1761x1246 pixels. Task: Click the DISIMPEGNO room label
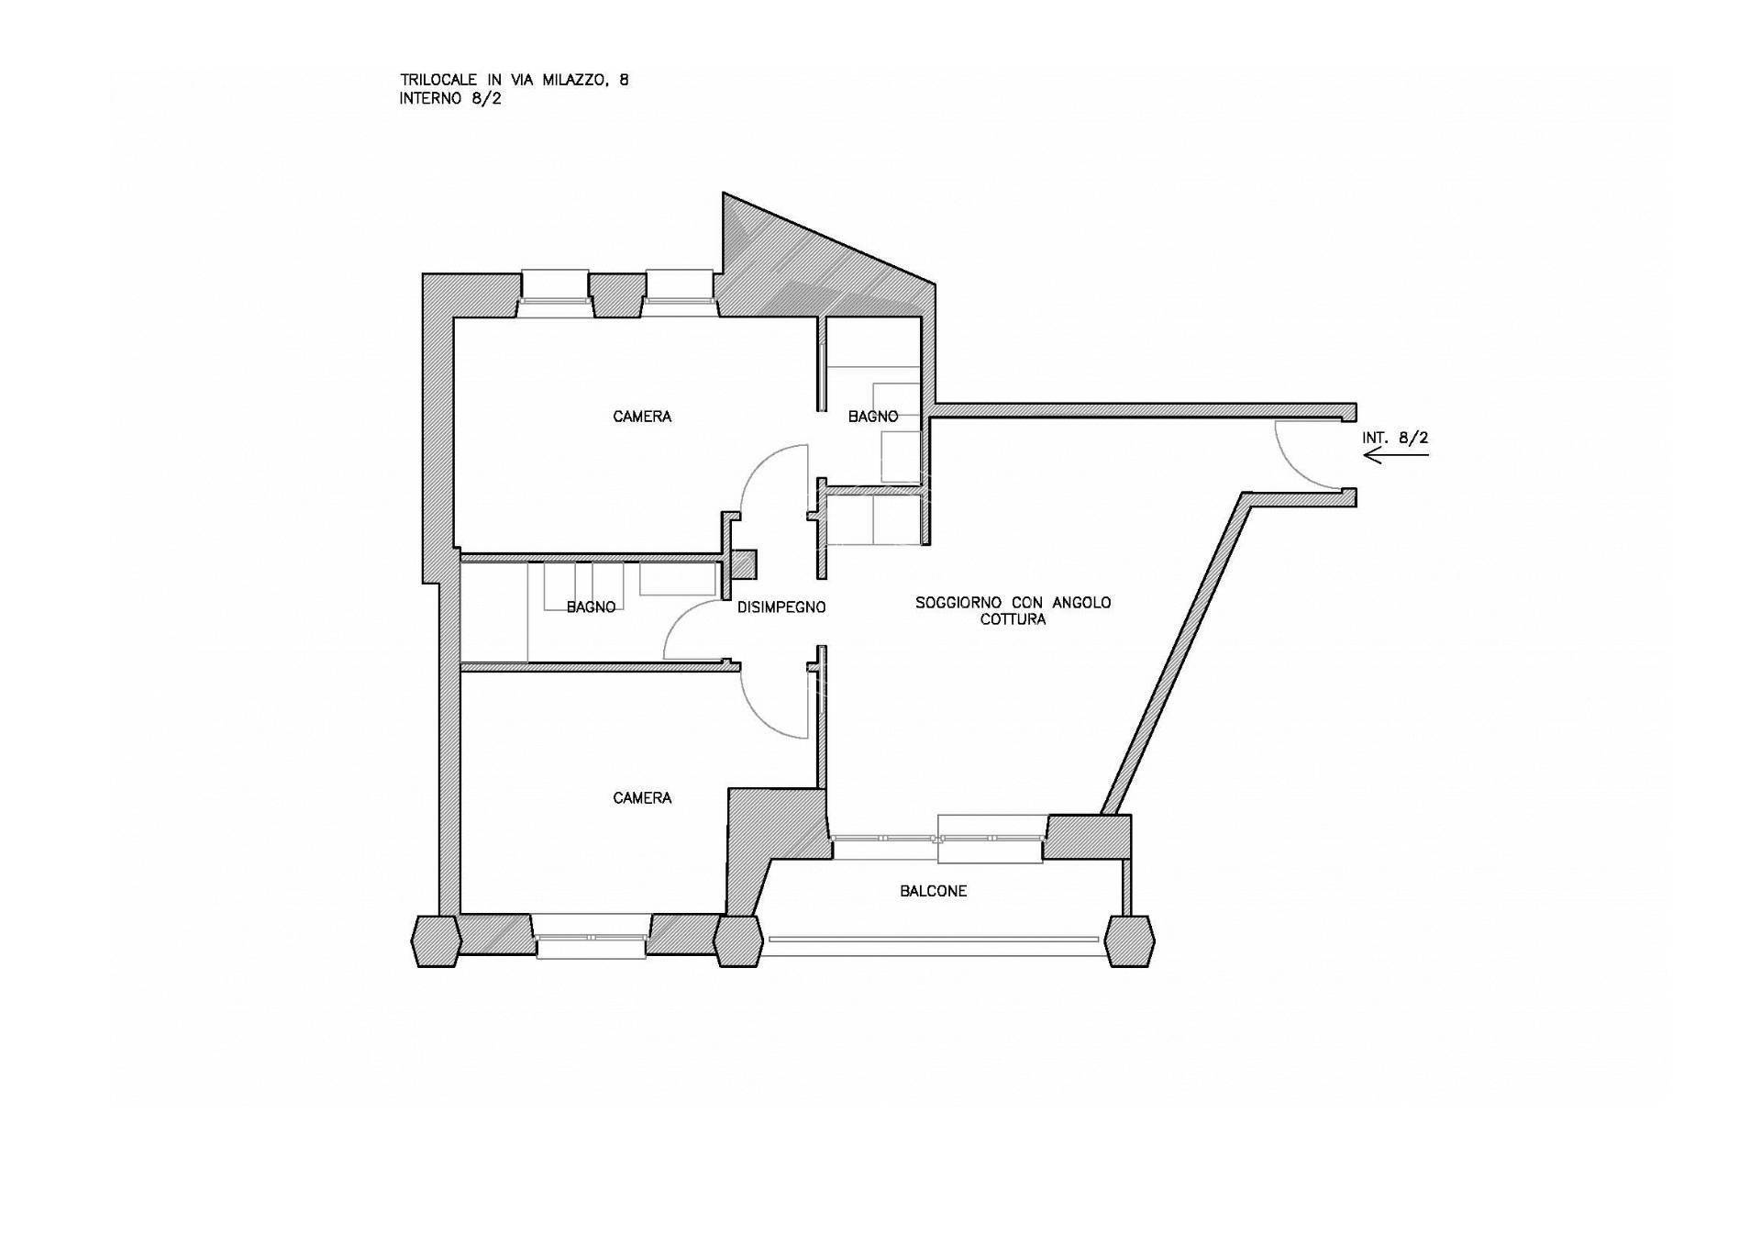781,607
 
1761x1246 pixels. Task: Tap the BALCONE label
933,891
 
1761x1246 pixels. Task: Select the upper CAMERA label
642,417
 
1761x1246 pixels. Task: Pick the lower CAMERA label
642,798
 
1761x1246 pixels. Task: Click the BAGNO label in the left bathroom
591,607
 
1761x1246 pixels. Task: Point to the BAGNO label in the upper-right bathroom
873,417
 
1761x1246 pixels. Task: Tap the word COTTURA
1013,619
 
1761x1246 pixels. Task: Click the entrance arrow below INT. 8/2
1396,455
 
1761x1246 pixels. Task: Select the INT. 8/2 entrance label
1395,438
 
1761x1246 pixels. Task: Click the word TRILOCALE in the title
439,81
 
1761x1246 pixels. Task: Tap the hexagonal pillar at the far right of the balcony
1129,940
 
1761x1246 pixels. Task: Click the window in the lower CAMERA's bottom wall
591,938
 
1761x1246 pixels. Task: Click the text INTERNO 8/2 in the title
450,99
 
